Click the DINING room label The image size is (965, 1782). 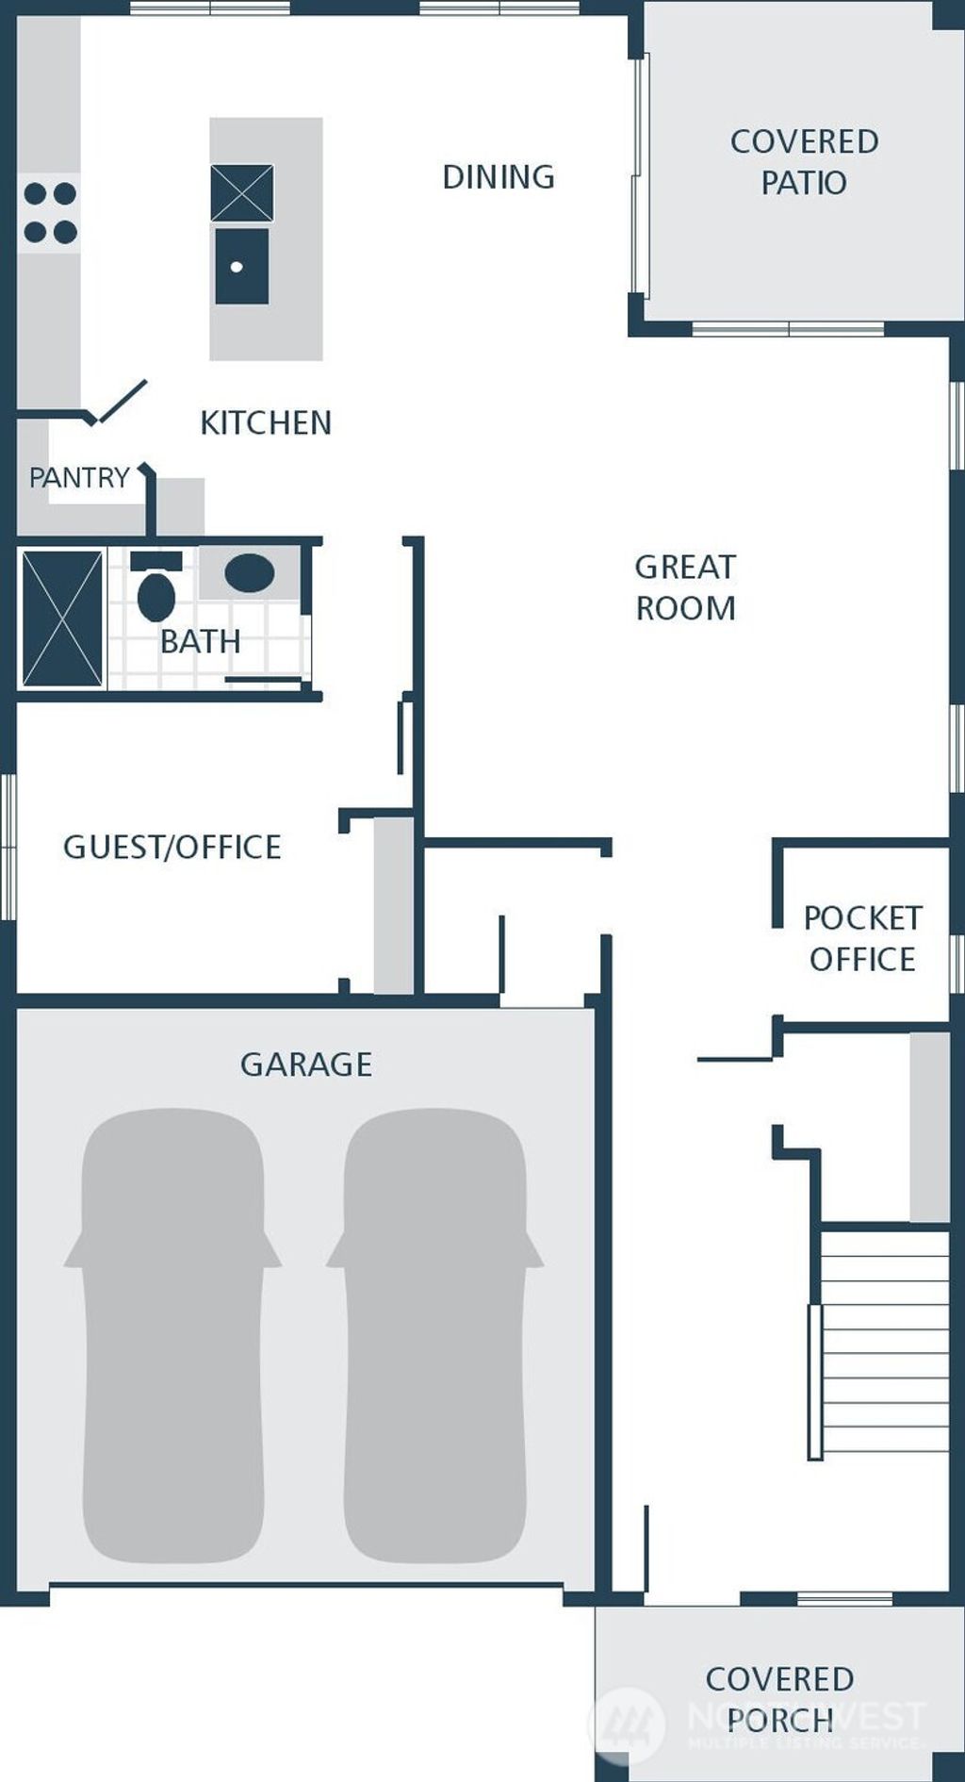pyautogui.click(x=499, y=177)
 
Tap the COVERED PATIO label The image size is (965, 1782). pyautogui.click(x=804, y=162)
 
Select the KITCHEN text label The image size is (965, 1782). pyautogui.click(x=266, y=422)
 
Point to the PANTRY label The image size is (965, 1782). pyautogui.click(x=79, y=478)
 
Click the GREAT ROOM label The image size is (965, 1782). pyautogui.click(x=685, y=587)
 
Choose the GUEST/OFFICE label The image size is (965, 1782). pyautogui.click(x=172, y=847)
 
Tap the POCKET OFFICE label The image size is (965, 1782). pyautogui.click(x=861, y=938)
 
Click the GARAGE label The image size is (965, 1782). pyautogui.click(x=306, y=1064)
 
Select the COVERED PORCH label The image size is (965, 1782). pyautogui.click(x=779, y=1699)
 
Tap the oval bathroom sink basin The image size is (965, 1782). pyautogui.click(x=249, y=573)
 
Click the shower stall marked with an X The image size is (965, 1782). pyautogui.click(x=62, y=619)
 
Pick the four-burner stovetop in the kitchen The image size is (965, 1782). pyautogui.click(x=50, y=213)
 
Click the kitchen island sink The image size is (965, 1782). pyautogui.click(x=241, y=266)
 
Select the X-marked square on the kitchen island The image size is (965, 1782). pyautogui.click(x=241, y=192)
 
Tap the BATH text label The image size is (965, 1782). pyautogui.click(x=200, y=641)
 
